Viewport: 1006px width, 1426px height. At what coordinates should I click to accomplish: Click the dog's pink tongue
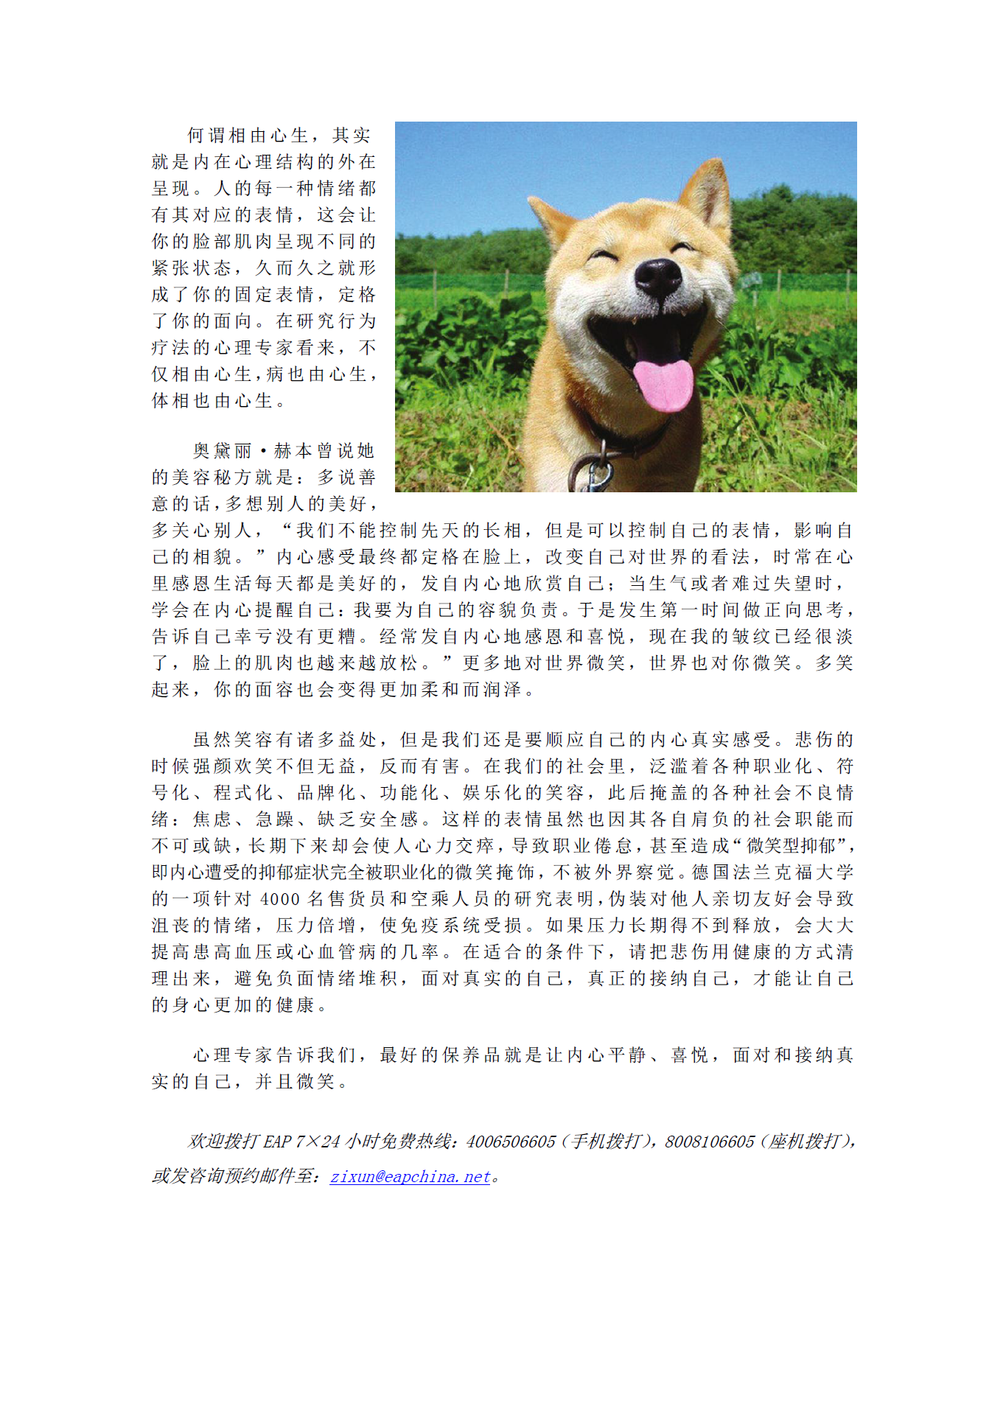point(663,384)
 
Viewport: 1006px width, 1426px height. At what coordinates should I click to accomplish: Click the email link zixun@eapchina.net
point(410,1176)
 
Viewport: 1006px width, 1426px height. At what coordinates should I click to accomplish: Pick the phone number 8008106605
point(709,1142)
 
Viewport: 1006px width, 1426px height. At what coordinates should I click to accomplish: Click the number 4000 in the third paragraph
point(280,899)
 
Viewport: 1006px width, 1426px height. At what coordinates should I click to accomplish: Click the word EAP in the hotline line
point(277,1142)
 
